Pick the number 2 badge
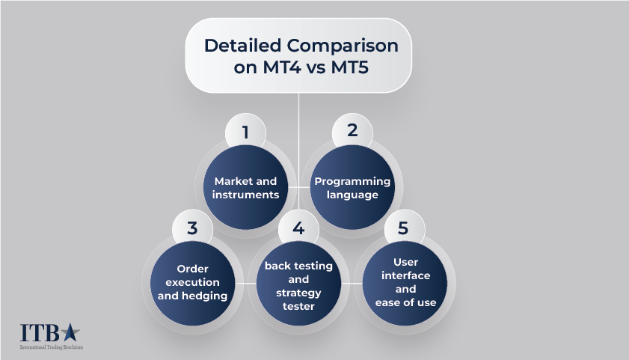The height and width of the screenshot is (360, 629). [x=352, y=131]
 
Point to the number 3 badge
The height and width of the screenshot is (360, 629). [x=192, y=228]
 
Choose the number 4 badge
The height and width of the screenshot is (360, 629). [x=298, y=228]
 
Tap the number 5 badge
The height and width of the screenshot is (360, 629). [x=403, y=228]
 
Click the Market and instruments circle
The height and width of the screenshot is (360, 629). [x=245, y=187]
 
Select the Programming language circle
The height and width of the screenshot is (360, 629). [x=352, y=187]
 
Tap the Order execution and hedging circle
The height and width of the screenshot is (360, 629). [x=193, y=283]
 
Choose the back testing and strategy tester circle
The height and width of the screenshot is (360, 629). [x=298, y=283]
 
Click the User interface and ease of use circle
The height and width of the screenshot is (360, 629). [x=405, y=283]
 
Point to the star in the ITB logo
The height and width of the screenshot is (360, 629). [x=70, y=332]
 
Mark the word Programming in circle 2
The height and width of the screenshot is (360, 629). [x=352, y=181]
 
